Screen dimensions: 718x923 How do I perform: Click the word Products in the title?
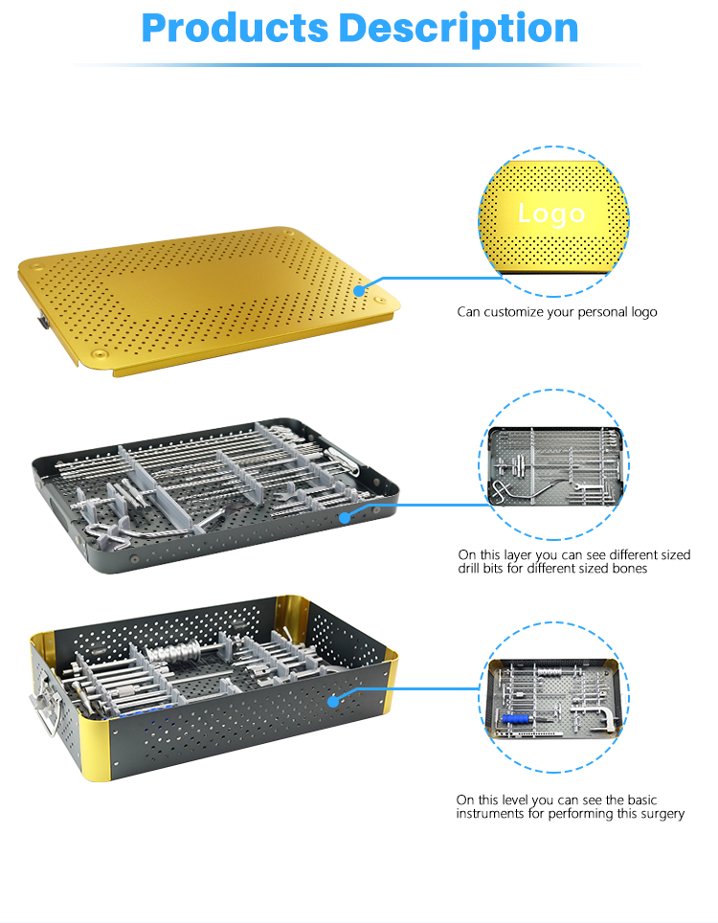click(235, 28)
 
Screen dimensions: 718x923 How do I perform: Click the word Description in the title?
click(460, 30)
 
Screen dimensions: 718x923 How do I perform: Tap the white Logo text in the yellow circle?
click(551, 214)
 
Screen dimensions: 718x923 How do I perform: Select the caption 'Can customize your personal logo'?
click(557, 312)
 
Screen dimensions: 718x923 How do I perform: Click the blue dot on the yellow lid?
click(360, 290)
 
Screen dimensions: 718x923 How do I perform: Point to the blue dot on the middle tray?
click(345, 517)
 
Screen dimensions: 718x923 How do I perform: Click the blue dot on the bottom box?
click(333, 701)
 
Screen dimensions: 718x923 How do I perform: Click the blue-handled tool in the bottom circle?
click(516, 719)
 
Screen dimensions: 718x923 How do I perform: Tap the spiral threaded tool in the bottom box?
click(174, 652)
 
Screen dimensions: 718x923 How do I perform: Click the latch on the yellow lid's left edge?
click(43, 322)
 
